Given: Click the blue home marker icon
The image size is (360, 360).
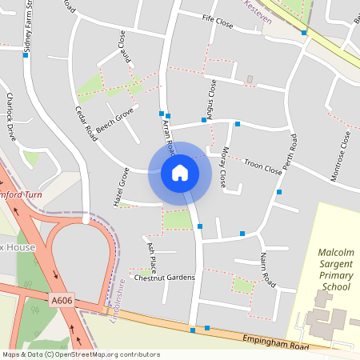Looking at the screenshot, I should tap(180, 172).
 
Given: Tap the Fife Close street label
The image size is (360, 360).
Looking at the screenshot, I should tap(218, 25).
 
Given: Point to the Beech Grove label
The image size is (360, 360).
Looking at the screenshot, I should tap(114, 122).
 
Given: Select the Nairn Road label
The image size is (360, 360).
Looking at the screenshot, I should tap(266, 270).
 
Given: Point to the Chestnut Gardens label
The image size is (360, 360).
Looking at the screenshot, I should tap(164, 278).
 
